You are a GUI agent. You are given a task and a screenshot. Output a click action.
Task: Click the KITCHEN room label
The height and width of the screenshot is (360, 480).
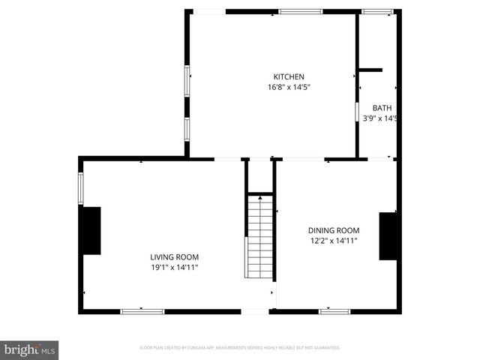click(x=289, y=76)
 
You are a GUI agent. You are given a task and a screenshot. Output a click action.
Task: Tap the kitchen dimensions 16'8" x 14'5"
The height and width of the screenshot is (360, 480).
click(x=289, y=87)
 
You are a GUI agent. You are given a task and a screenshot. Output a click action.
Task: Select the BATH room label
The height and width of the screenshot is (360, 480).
click(x=381, y=108)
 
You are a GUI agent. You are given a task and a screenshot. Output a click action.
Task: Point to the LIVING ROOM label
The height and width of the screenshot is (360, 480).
click(x=174, y=256)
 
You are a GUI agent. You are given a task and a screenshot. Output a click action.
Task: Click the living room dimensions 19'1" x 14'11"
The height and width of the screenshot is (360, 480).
click(x=174, y=267)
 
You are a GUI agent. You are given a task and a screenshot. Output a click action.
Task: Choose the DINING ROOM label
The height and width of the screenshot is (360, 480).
click(x=334, y=230)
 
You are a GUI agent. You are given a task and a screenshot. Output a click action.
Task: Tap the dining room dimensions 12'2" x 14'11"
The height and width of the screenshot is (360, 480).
click(x=334, y=241)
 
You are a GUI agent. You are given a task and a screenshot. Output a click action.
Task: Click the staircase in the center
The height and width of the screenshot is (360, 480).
click(x=259, y=236)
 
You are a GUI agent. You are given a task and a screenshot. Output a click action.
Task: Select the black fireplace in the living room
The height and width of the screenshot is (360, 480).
click(x=91, y=230)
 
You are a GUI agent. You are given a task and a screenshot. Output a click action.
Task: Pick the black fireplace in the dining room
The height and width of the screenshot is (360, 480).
click(x=388, y=236)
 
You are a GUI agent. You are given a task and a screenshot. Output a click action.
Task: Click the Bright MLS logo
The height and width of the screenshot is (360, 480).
click(x=30, y=349)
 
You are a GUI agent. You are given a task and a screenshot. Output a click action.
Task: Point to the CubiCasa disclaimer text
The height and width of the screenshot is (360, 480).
click(x=240, y=348)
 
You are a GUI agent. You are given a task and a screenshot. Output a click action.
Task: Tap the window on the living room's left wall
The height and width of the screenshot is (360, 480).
click(x=81, y=188)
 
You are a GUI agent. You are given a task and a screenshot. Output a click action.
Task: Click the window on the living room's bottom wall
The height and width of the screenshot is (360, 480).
click(x=142, y=310)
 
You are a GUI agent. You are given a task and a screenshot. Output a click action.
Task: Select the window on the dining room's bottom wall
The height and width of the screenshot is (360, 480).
click(x=334, y=310)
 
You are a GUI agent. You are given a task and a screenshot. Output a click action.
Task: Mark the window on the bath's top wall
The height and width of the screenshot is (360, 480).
click(x=376, y=12)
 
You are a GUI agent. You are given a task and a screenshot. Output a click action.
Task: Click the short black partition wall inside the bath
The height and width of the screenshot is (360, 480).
click(x=370, y=70)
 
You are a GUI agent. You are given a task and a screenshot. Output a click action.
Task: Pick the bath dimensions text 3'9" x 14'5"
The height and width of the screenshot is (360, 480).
click(x=379, y=118)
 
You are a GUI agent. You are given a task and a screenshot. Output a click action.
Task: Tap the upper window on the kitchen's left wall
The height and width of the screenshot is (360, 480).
click(x=187, y=79)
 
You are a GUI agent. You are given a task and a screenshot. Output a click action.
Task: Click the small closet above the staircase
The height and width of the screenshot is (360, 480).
click(x=259, y=176)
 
